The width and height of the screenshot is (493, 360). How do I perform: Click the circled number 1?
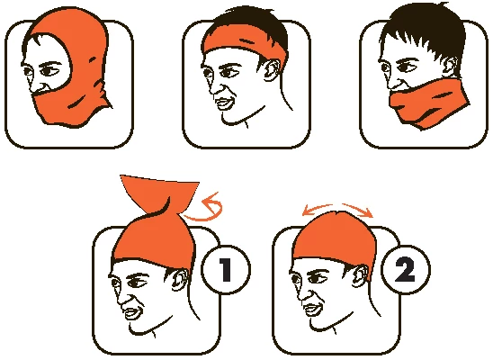(226, 270)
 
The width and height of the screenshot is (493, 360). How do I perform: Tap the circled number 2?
(405, 270)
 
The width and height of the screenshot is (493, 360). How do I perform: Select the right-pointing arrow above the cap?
(358, 210)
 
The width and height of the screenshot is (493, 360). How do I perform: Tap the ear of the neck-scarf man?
(452, 67)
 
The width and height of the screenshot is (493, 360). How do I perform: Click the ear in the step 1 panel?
(180, 280)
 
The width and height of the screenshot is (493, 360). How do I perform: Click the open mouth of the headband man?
(224, 103)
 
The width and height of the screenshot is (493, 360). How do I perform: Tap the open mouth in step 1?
(132, 312)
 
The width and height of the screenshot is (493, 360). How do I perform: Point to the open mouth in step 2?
(313, 309)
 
